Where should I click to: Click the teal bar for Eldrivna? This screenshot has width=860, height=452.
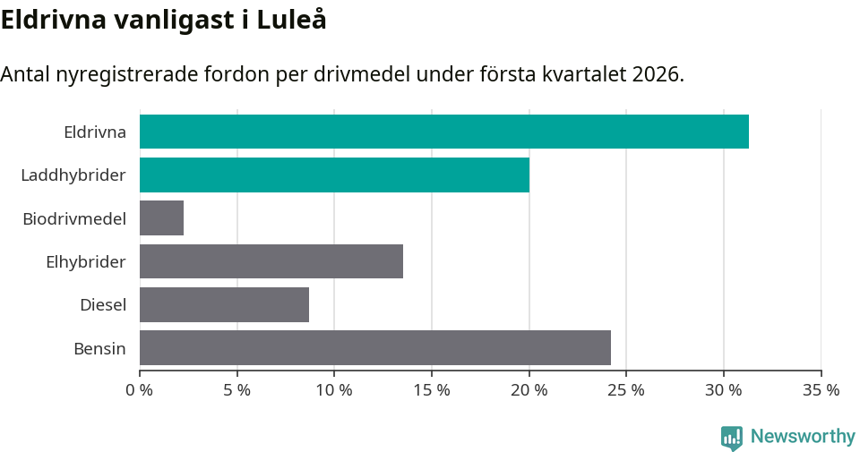click(x=443, y=132)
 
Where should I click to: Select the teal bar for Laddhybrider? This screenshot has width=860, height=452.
click(x=334, y=175)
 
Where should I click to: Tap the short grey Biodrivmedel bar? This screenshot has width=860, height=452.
click(x=161, y=218)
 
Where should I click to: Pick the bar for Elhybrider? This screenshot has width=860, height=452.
click(x=271, y=261)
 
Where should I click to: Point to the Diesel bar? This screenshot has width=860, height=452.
click(x=224, y=304)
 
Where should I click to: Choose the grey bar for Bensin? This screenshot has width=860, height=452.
click(x=374, y=347)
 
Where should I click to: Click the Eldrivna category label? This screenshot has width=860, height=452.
click(x=94, y=132)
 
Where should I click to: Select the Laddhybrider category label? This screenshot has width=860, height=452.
click(x=73, y=175)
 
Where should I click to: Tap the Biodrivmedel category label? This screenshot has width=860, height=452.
click(x=73, y=218)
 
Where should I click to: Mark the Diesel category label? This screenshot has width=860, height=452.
click(x=102, y=304)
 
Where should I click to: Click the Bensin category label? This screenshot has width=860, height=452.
click(x=99, y=348)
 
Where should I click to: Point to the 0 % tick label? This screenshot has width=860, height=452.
click(x=140, y=390)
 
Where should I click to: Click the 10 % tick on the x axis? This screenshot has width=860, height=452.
click(x=334, y=390)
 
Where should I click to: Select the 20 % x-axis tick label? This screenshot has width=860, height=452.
click(x=529, y=390)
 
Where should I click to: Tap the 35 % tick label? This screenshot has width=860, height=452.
click(x=821, y=390)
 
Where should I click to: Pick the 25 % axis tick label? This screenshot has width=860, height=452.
click(x=626, y=390)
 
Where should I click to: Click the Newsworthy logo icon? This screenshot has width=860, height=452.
click(x=732, y=438)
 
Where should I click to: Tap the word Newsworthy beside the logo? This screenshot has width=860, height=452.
click(x=803, y=437)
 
